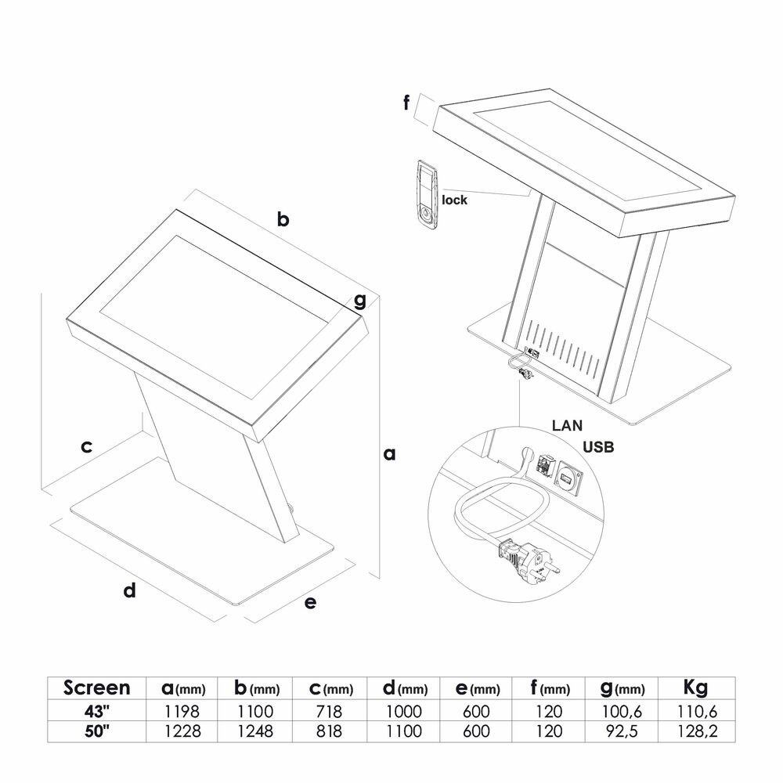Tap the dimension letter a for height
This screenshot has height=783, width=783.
tap(389, 454)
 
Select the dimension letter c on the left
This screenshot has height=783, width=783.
tap(86, 446)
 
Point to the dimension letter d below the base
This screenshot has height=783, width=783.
tap(129, 590)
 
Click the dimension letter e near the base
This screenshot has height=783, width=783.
tap(310, 603)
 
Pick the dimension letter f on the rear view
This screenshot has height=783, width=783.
tap(406, 103)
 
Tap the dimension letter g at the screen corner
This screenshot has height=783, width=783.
tap(359, 301)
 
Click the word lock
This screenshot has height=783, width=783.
tap(454, 200)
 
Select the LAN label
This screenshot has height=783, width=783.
tap(567, 425)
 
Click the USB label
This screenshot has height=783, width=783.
tap(598, 447)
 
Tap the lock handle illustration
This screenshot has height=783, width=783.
tap(428, 195)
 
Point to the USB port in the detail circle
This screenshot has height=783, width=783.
tap(566, 479)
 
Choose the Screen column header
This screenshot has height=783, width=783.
tap(97, 687)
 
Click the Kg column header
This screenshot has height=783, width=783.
tap(695, 688)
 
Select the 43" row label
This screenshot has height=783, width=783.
tap(97, 711)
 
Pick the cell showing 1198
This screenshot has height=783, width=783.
tap(182, 711)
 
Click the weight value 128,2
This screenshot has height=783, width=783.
tap(697, 731)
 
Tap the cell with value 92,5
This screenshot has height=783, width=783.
tap(622, 731)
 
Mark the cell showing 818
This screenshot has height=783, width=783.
tap(329, 731)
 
